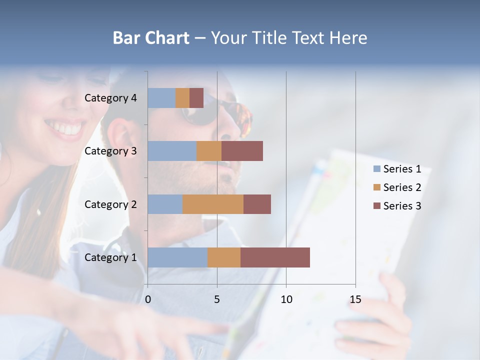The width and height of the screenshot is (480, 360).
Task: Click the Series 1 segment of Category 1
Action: click(177, 257)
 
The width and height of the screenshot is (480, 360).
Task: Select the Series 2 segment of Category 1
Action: click(224, 257)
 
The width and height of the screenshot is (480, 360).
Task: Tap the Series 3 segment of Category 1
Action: click(275, 257)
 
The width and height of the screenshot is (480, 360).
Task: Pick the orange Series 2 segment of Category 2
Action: click(213, 204)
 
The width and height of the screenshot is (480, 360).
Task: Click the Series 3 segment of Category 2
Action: click(257, 204)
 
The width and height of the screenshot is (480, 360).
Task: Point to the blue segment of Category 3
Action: click(172, 151)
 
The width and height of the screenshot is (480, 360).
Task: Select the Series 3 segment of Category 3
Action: click(242, 151)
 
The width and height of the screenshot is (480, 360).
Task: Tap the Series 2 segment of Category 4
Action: click(182, 98)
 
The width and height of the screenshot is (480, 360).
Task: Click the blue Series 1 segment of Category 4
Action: click(161, 98)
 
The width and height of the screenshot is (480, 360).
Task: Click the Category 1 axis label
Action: click(110, 257)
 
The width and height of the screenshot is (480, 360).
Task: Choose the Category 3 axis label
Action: click(110, 151)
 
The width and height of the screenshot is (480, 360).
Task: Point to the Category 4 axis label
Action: click(110, 98)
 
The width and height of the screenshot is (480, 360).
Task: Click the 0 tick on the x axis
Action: click(148, 299)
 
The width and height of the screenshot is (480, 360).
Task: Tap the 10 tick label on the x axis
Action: click(286, 299)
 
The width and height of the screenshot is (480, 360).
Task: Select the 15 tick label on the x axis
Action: click(355, 299)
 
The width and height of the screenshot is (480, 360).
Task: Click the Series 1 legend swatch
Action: click(377, 169)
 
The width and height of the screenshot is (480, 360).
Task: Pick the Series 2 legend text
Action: click(402, 187)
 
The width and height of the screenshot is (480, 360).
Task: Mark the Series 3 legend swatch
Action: click(377, 206)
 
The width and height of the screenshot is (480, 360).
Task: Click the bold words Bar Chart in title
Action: click(151, 38)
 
